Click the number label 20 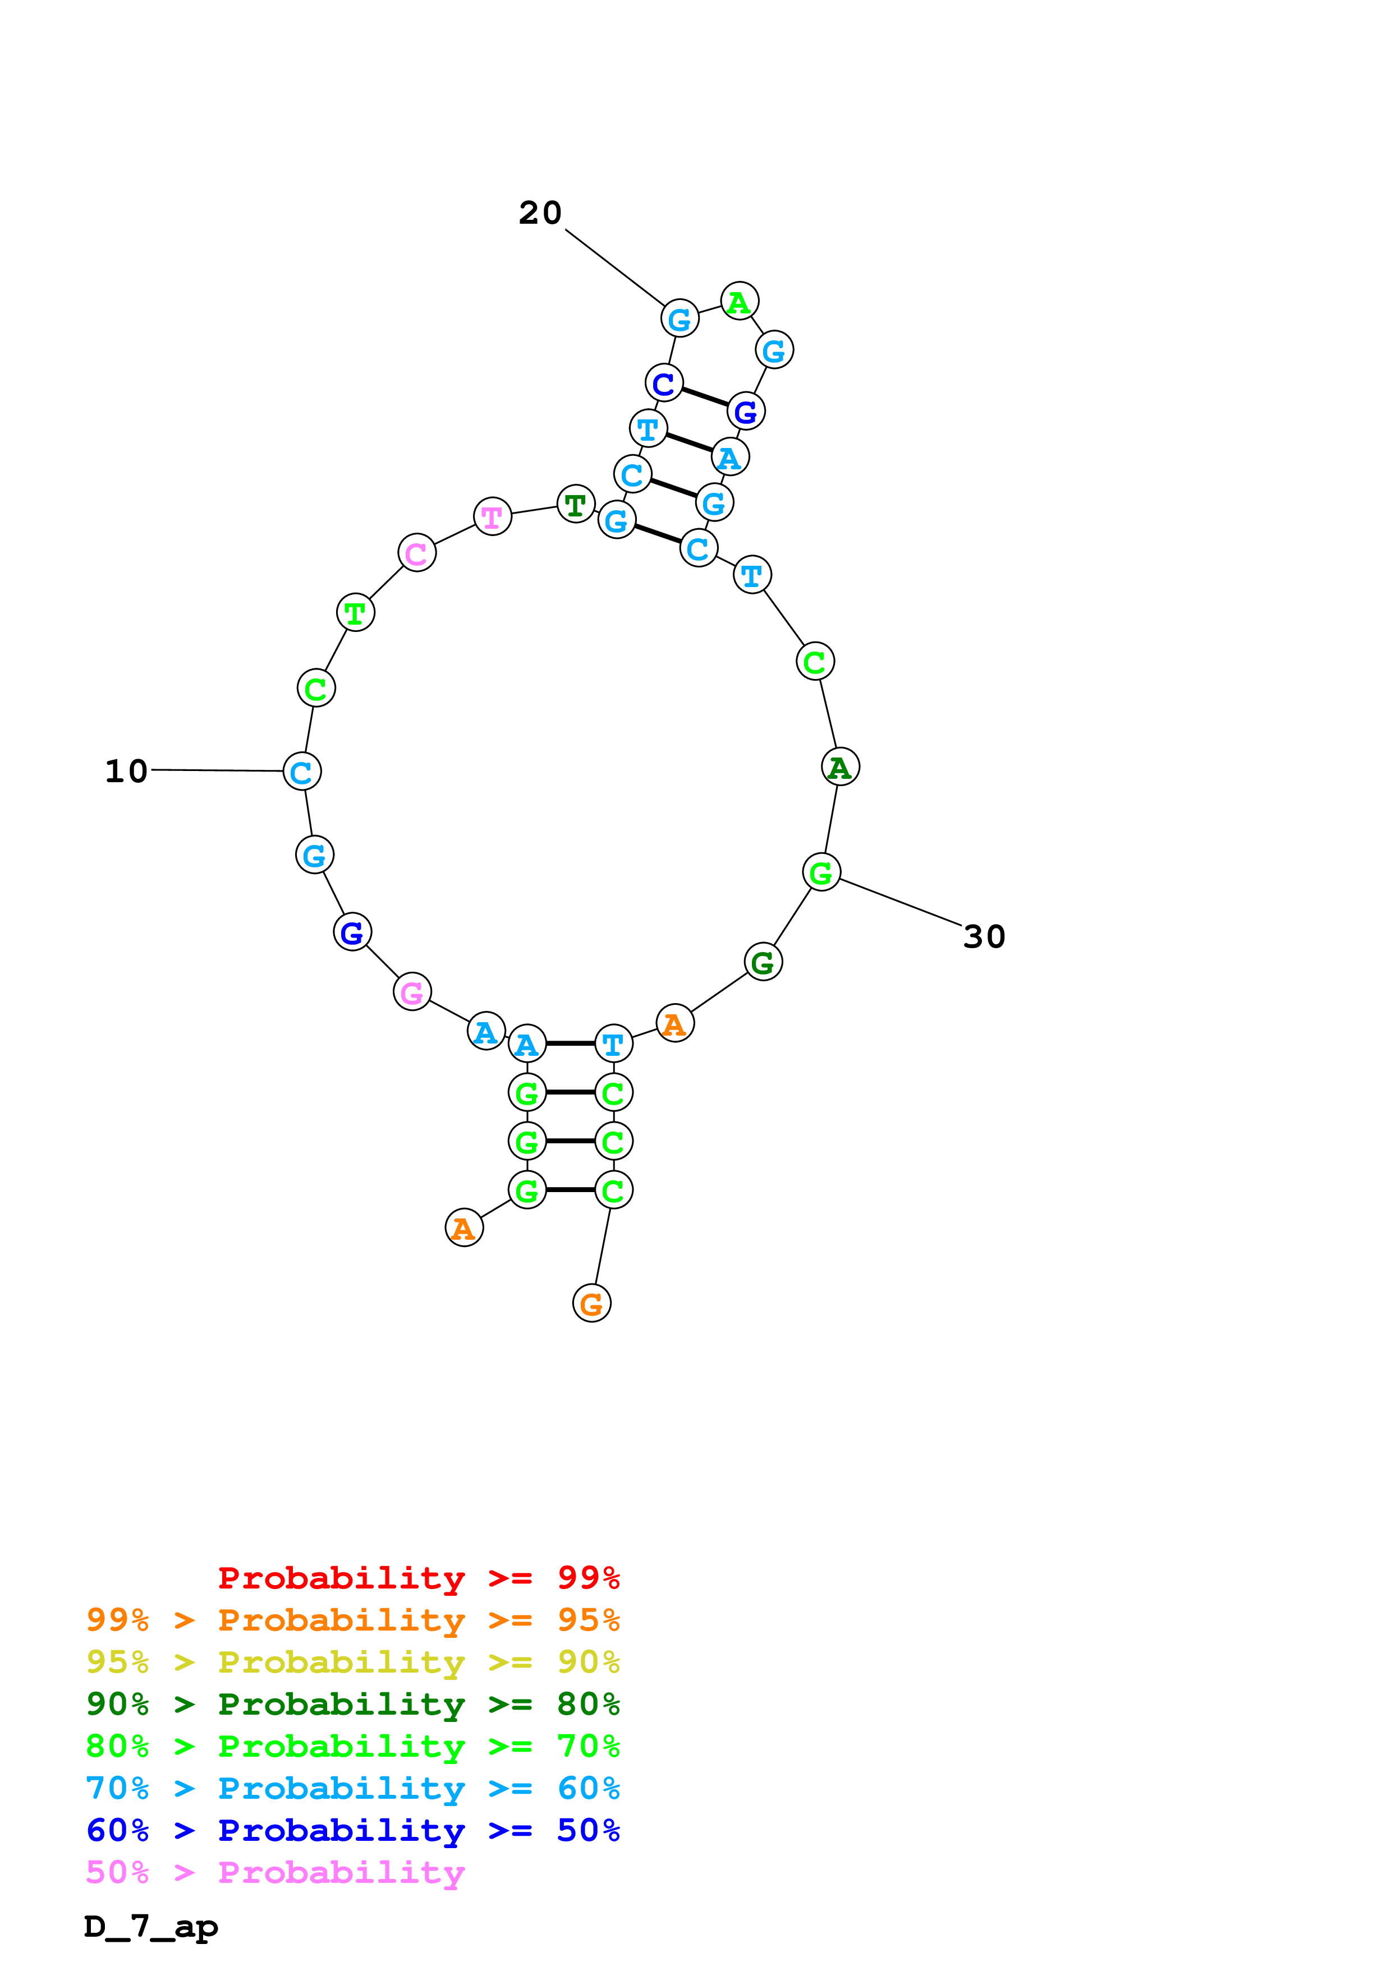540,213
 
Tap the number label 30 984,936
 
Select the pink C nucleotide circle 416,553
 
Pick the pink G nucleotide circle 412,992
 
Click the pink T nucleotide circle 492,516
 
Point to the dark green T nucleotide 576,505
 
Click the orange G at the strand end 591,1304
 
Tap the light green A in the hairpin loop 739,302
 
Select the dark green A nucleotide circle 840,767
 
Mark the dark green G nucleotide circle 763,962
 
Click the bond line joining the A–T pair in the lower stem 570,1043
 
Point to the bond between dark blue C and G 705,398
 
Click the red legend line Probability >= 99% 418,1577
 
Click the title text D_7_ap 151,1926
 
